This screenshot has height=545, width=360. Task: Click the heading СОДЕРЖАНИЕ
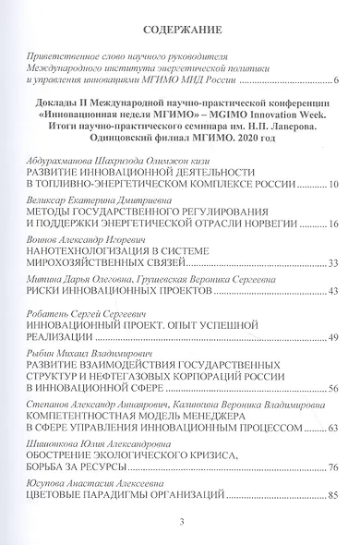coord(178,28)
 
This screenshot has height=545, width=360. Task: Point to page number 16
coord(333,249)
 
